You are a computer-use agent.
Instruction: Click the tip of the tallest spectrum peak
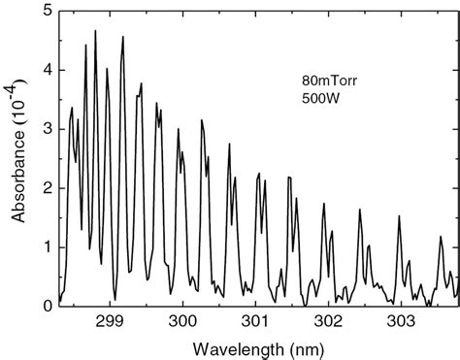(x=95, y=31)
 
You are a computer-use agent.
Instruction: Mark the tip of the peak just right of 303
(x=399, y=216)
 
